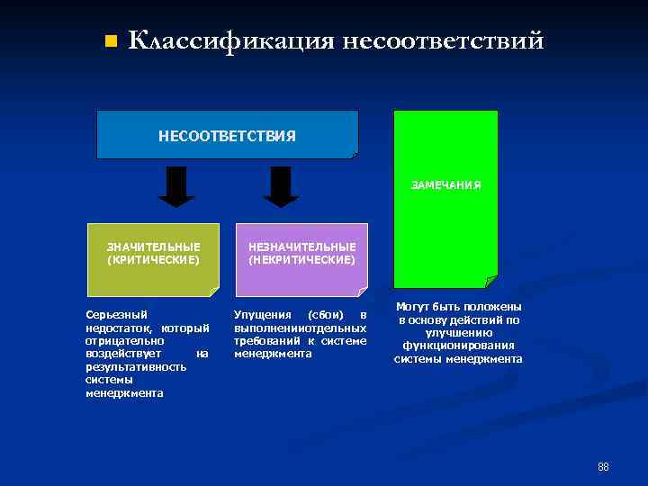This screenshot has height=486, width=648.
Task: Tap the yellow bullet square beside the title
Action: [x=110, y=41]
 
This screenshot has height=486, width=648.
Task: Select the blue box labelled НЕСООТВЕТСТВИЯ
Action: [x=227, y=135]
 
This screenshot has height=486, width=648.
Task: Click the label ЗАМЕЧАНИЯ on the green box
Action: [x=445, y=185]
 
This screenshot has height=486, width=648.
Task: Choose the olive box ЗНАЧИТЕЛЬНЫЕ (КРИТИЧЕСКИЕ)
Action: [x=153, y=259]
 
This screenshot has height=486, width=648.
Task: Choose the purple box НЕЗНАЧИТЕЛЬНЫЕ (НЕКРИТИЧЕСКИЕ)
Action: [x=301, y=259]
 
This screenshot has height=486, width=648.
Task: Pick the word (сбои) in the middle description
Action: [x=321, y=315]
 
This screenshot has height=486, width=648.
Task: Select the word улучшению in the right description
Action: [x=458, y=333]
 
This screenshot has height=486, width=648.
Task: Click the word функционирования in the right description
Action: [x=458, y=346]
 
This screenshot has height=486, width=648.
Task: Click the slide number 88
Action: [x=603, y=466]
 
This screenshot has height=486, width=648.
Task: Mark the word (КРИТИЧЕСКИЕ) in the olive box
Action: [x=153, y=259]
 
